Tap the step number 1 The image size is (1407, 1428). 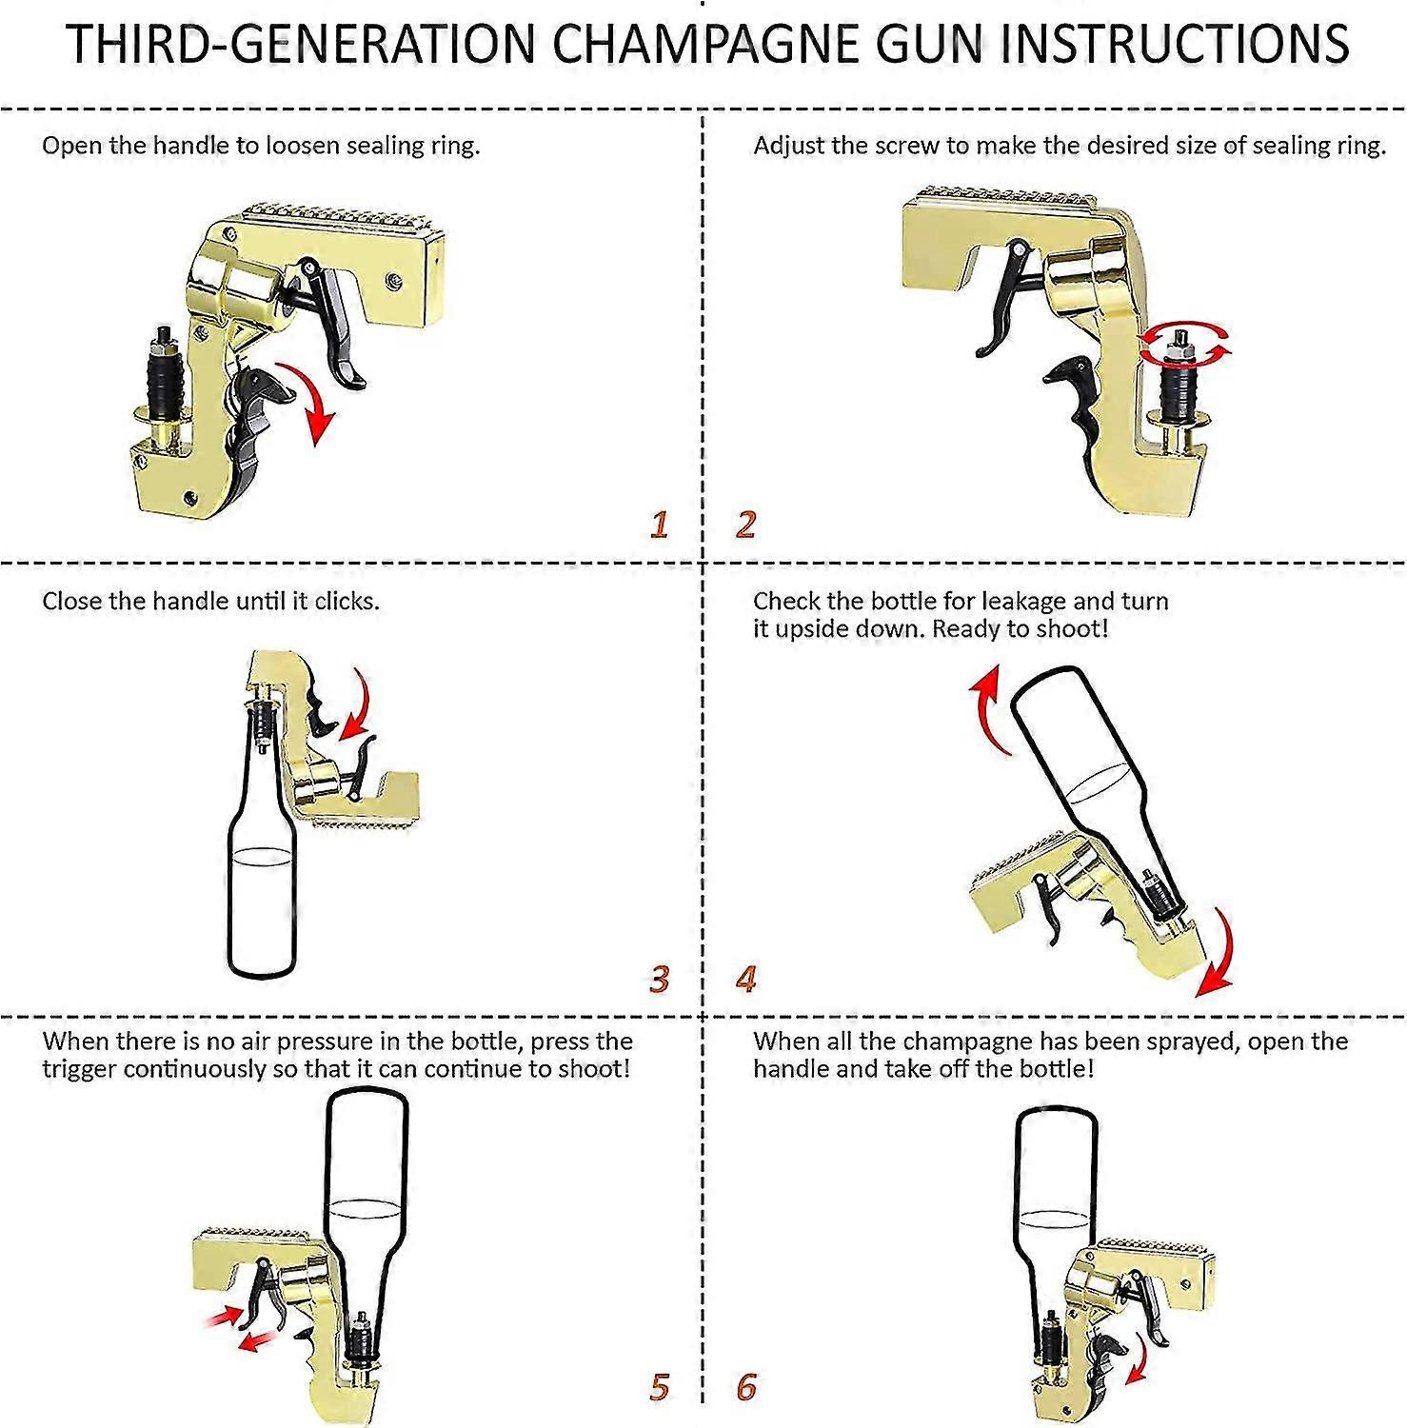pyautogui.click(x=659, y=525)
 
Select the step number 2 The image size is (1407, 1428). pyautogui.click(x=745, y=525)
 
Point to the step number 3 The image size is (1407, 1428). pyautogui.click(x=659, y=979)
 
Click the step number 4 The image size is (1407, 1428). pyautogui.click(x=745, y=979)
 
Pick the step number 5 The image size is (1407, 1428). pyautogui.click(x=659, y=1387)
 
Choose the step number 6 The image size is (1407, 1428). pyautogui.click(x=745, y=1387)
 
